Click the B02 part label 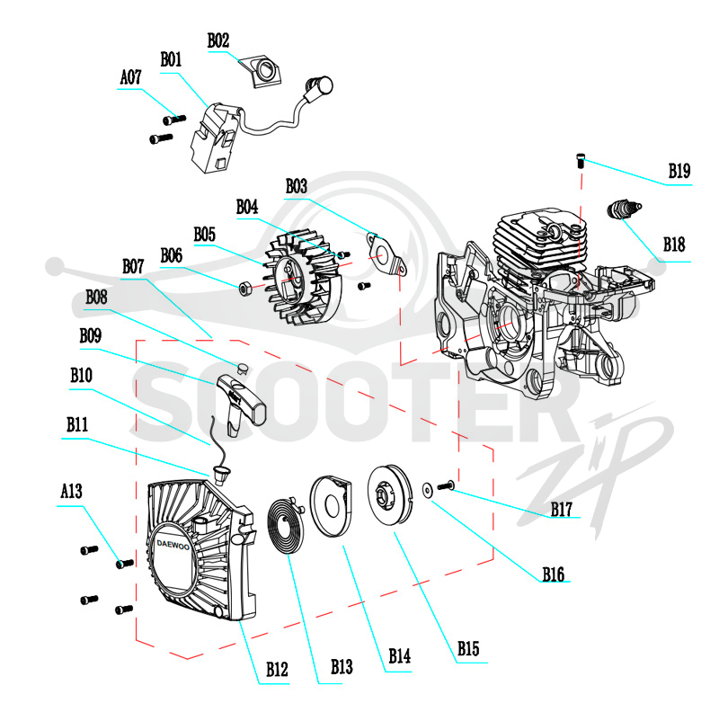pos(218,40)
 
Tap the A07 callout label pos(130,77)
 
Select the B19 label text pos(679,171)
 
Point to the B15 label pos(468,649)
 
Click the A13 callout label pos(72,492)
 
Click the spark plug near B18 pos(624,209)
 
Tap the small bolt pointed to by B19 pos(581,162)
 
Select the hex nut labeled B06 pos(244,289)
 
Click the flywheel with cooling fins pos(304,279)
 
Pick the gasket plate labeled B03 pos(386,254)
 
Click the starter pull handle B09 pos(240,404)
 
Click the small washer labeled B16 pos(428,491)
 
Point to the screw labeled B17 pos(446,485)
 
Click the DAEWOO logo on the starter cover pos(173,545)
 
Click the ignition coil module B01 pos(215,138)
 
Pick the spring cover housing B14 pos(331,505)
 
